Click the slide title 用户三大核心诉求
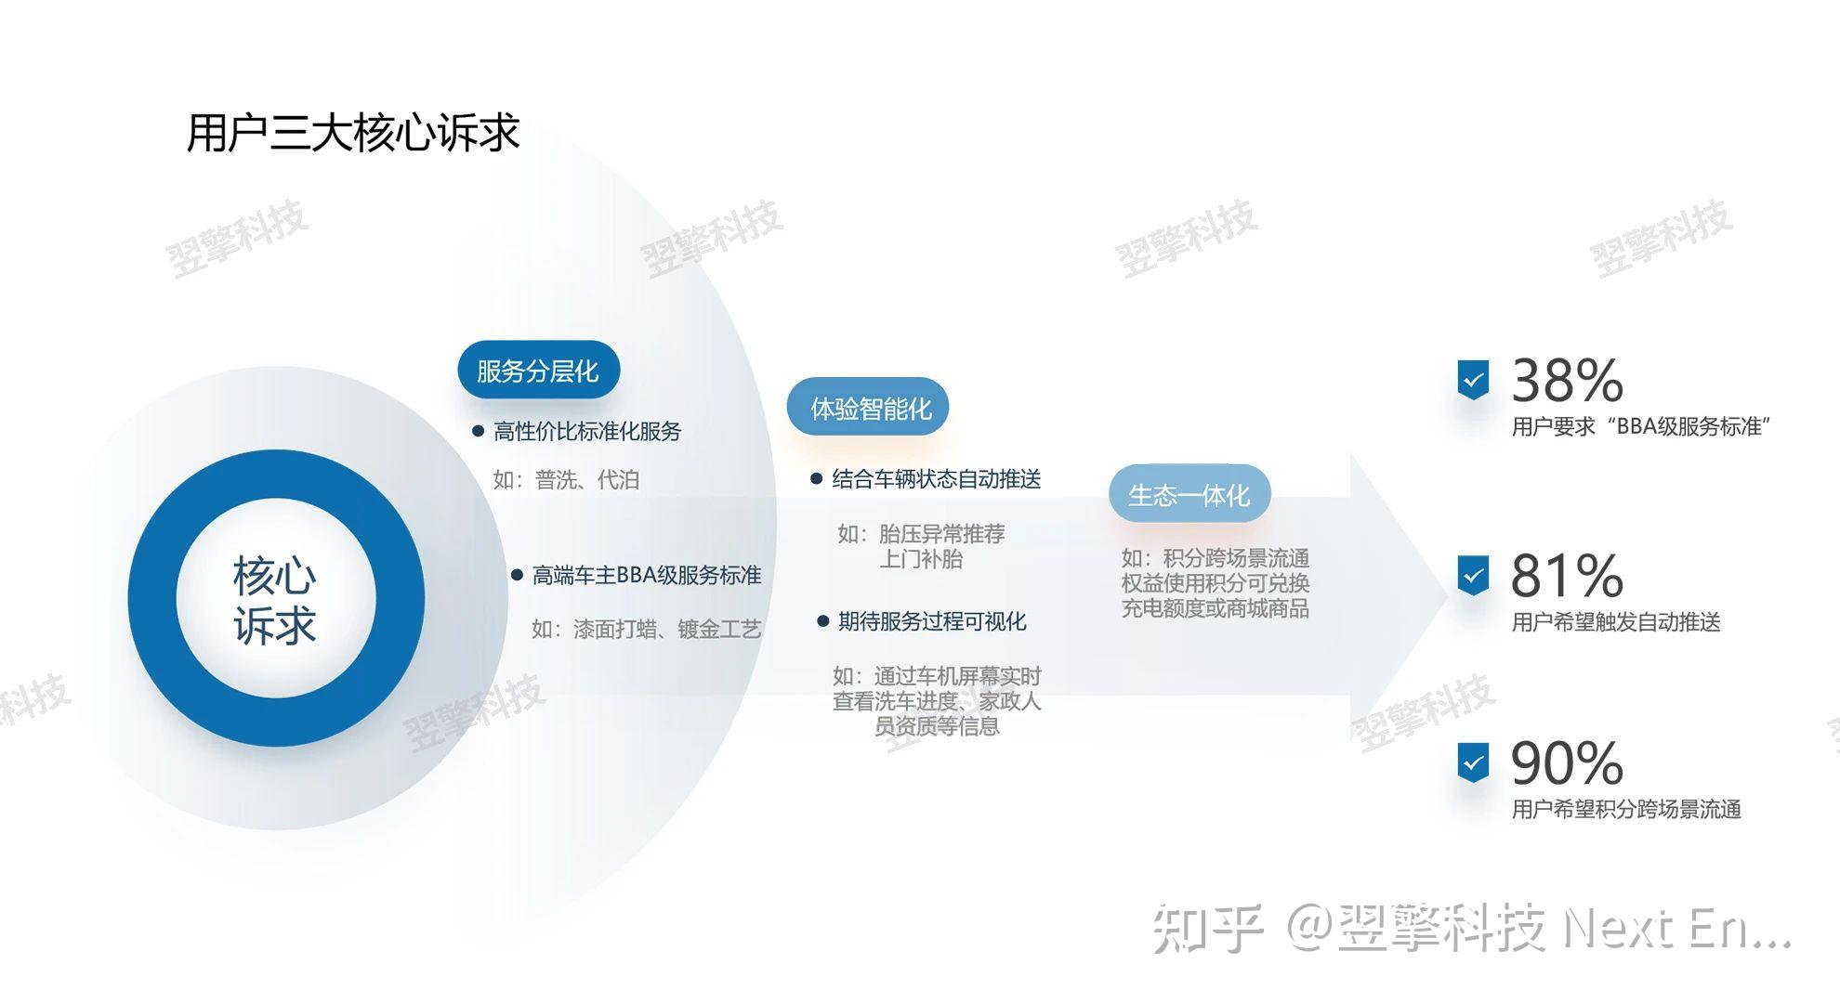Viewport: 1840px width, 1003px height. coord(353,133)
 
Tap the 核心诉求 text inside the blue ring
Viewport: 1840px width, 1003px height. coord(275,600)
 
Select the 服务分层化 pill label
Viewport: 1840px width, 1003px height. coord(538,371)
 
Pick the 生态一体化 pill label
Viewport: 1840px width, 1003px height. coord(1189,495)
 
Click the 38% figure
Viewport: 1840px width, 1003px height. coord(1568,381)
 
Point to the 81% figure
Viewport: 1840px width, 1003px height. coord(1568,576)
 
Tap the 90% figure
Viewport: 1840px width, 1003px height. coord(1568,763)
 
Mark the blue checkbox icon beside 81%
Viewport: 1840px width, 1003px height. coord(1473,576)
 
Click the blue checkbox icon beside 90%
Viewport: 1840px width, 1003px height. coord(1473,763)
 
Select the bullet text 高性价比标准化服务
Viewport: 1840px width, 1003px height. coord(587,431)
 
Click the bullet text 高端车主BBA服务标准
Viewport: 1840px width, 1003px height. coord(647,576)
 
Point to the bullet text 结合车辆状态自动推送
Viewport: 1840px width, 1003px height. coord(937,479)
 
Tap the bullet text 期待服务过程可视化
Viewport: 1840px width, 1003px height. coord(932,621)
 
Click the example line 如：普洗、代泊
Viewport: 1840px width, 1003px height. coord(566,480)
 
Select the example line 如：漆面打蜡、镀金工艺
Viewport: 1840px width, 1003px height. coord(647,630)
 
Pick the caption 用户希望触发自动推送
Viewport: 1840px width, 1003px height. coord(1616,622)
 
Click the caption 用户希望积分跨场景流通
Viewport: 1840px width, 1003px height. coord(1626,810)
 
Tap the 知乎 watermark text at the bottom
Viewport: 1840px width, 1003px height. coord(1208,929)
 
